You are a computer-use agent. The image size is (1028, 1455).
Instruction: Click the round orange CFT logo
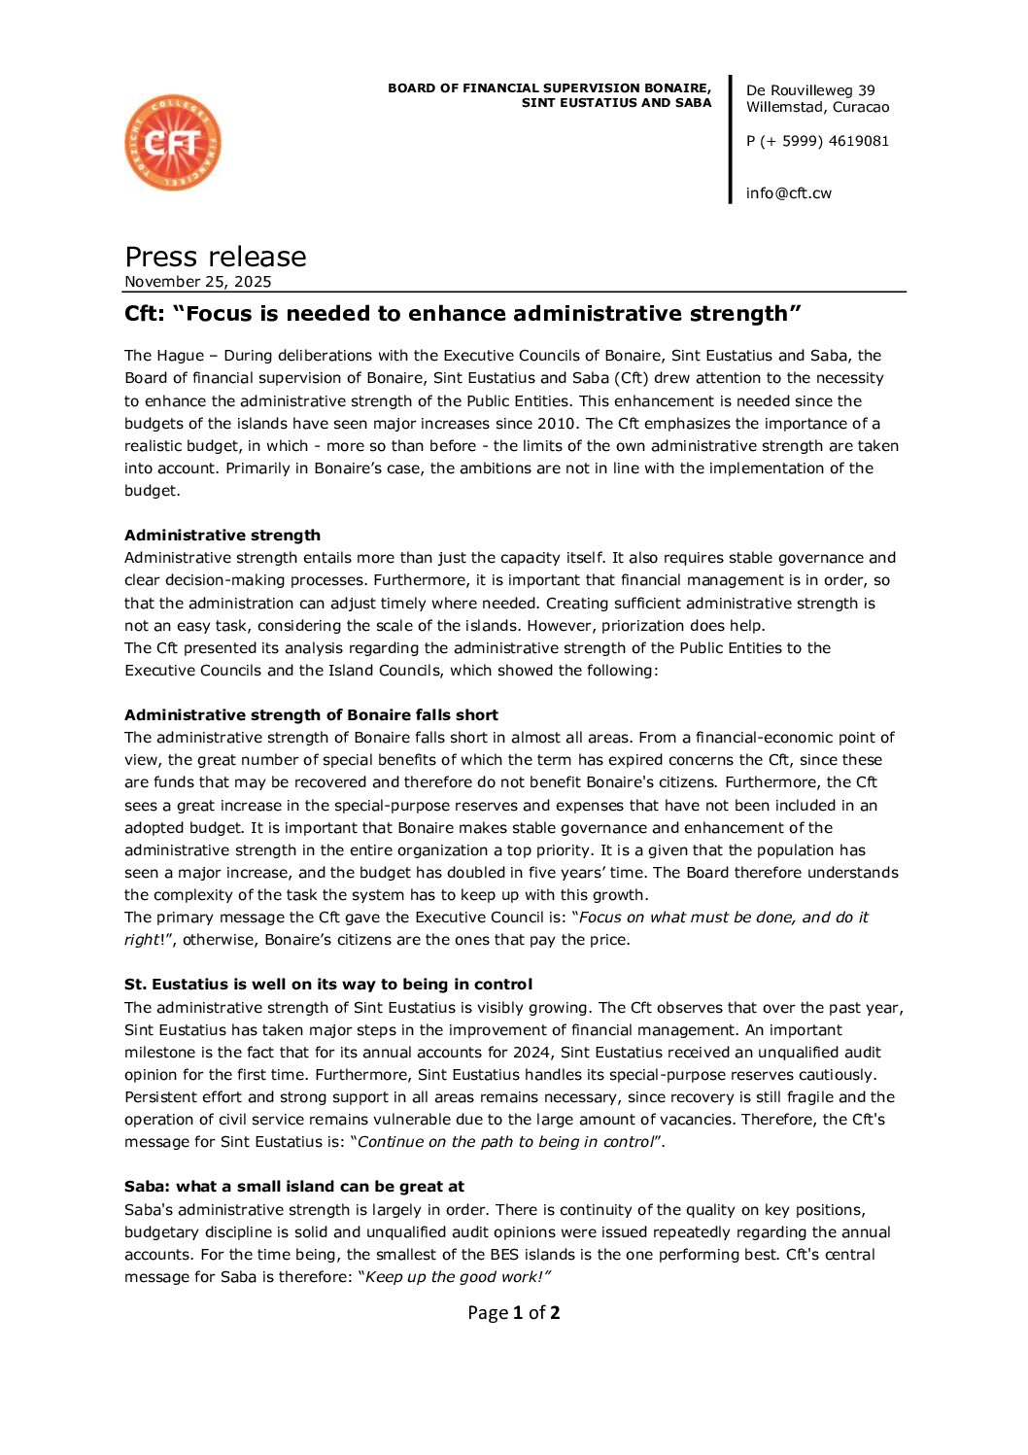(x=173, y=142)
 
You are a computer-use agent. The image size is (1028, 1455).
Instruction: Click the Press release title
(x=216, y=257)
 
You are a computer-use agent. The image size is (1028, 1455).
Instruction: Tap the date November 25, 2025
(x=198, y=282)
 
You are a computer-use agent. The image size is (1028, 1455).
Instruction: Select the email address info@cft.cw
(x=788, y=192)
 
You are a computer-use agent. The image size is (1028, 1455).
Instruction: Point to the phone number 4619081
(x=858, y=141)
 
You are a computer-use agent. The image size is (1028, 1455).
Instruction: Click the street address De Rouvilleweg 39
(x=810, y=90)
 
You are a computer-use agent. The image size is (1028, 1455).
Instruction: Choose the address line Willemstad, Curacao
(x=817, y=107)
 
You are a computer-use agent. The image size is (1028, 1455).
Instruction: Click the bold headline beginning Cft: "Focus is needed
(x=463, y=314)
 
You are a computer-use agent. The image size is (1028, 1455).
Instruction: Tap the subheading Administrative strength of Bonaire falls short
(x=311, y=714)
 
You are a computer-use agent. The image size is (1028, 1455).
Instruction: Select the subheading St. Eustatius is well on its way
(x=328, y=984)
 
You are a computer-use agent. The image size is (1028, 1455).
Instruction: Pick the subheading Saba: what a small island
(x=293, y=1186)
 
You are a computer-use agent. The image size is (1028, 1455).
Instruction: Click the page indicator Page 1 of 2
(x=513, y=1312)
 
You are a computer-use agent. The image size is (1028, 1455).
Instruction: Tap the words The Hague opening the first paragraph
(x=164, y=356)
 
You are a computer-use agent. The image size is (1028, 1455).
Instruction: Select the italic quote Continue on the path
(x=505, y=1141)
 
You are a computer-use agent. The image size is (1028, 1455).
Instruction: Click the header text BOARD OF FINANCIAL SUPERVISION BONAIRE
(x=549, y=88)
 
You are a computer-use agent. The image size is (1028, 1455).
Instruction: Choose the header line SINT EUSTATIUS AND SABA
(x=616, y=103)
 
